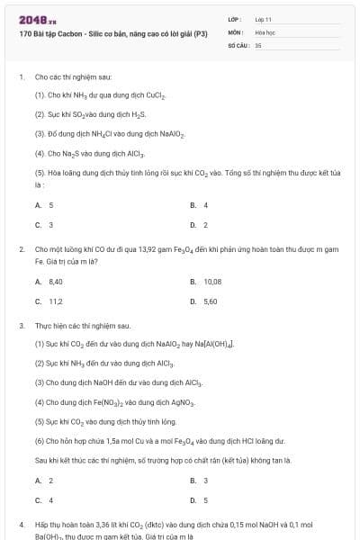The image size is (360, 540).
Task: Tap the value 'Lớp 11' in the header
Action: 264,19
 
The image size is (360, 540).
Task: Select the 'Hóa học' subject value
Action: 264,31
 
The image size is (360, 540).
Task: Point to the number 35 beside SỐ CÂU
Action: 258,43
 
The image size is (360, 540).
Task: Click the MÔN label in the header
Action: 235,31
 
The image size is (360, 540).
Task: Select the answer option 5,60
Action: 210,301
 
